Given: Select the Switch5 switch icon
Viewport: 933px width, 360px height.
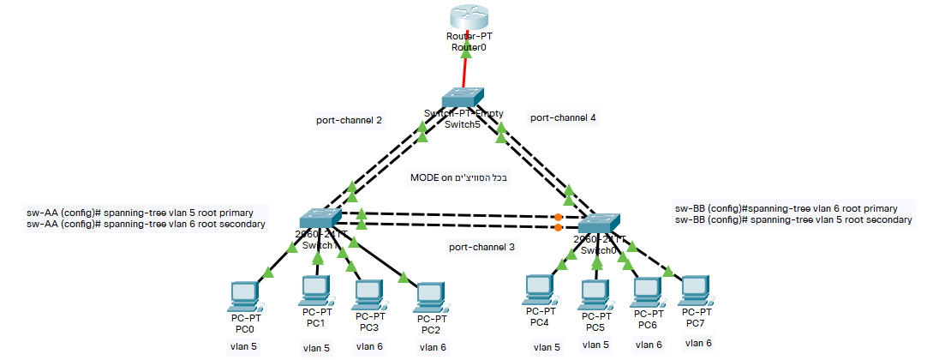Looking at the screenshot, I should [x=464, y=98].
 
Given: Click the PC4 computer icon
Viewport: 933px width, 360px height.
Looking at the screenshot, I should [x=538, y=290].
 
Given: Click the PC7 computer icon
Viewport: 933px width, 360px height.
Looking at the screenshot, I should [x=696, y=291].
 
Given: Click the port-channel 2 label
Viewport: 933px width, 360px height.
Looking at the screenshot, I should [x=349, y=119].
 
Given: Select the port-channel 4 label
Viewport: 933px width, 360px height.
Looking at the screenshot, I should [x=563, y=117].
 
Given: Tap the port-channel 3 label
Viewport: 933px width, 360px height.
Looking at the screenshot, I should [x=482, y=247].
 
